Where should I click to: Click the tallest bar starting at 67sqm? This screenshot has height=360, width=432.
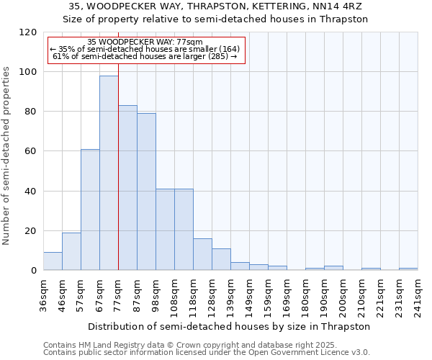(109, 173)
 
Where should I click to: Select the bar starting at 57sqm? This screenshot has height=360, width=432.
(90, 210)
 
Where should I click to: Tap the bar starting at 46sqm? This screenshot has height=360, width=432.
(71, 251)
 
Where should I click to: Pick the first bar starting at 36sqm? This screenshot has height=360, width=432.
(53, 261)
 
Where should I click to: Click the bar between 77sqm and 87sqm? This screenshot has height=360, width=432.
(127, 188)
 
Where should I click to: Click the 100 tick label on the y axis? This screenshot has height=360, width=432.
(28, 72)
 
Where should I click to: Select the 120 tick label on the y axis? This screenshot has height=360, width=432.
(28, 32)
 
